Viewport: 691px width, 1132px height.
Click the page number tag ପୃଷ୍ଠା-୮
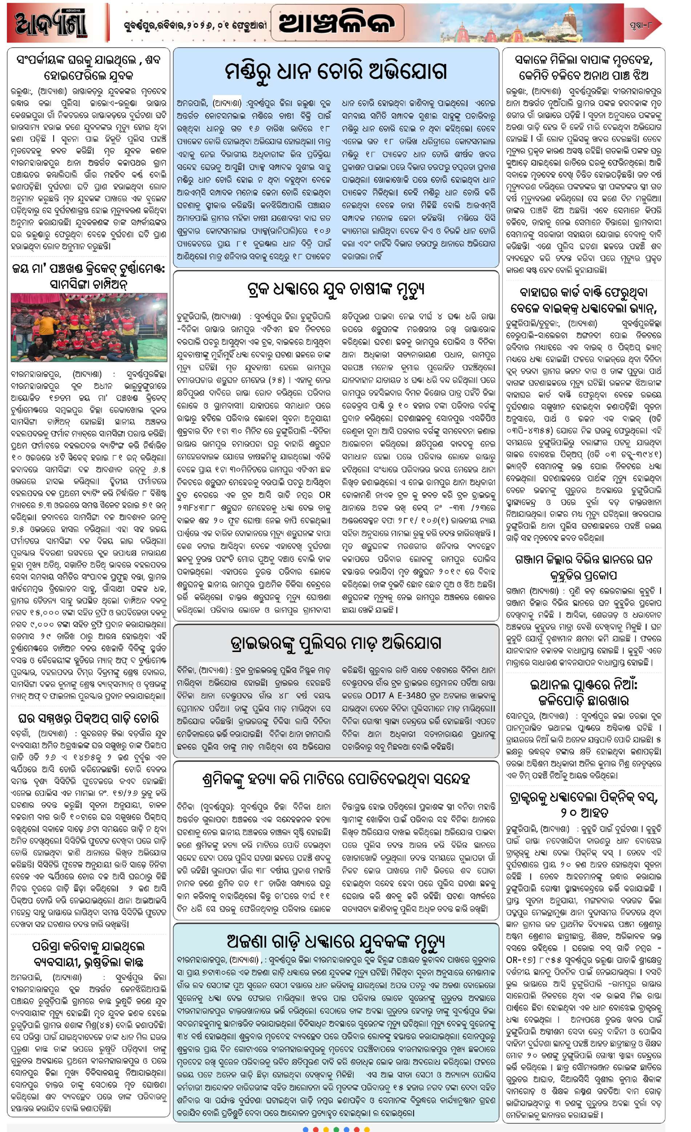click(x=642, y=23)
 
